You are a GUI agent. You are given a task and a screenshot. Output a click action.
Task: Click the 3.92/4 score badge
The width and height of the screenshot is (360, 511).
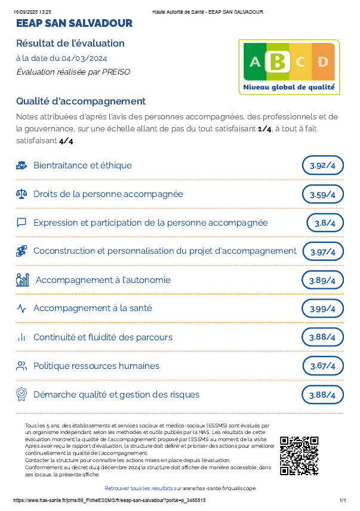323,165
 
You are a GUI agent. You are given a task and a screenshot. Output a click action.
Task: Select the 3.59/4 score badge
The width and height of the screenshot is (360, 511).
323,194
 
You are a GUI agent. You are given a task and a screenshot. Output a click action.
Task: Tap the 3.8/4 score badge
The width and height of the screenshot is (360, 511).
325,223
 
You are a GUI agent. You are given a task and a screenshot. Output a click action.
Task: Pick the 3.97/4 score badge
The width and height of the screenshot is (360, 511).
323,251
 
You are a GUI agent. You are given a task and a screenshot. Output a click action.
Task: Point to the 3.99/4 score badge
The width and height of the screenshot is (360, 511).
323,309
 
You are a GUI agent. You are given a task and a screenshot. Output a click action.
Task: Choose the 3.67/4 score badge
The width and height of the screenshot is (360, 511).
323,366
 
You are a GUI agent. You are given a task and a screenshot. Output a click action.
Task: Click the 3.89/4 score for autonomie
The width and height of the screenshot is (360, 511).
323,280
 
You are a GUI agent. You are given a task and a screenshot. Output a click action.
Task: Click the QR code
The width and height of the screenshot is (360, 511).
299,456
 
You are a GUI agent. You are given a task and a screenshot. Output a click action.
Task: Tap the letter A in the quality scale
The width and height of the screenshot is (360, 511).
255,61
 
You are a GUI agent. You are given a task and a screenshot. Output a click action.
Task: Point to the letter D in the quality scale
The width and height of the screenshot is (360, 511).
322,61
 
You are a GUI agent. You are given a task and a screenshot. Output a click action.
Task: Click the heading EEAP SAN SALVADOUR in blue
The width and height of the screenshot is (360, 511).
75,23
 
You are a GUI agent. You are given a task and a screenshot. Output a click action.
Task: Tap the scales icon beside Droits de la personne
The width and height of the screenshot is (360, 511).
21,194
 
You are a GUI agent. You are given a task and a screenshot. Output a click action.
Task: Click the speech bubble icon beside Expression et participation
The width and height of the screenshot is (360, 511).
21,223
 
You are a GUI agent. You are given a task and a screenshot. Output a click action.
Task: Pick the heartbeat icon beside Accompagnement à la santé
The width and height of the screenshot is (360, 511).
21,309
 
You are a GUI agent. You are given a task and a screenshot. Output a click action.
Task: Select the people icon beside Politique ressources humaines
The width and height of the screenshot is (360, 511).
21,366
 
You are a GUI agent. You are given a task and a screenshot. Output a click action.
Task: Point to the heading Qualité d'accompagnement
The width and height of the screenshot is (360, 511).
81,101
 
